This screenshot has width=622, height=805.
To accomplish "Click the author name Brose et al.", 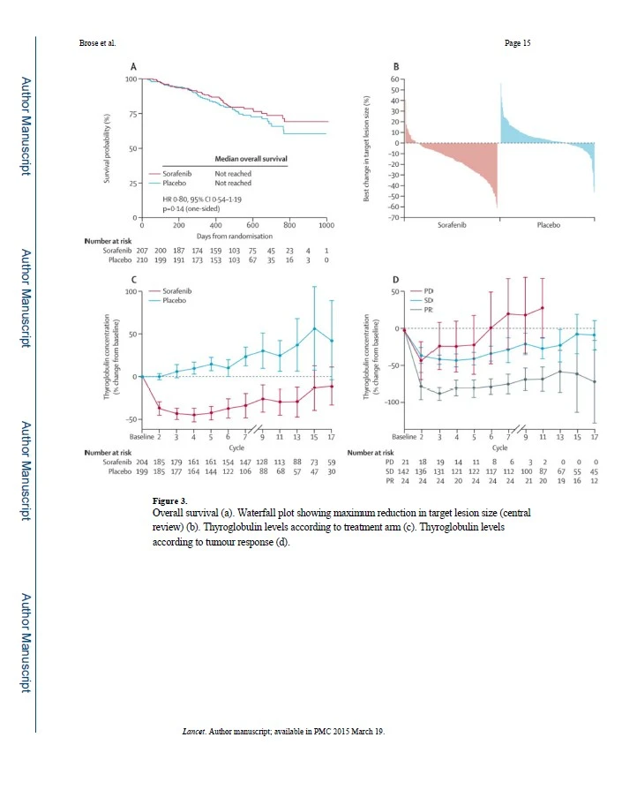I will coord(97,42).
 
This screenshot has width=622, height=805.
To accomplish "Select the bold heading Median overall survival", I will coord(251,159).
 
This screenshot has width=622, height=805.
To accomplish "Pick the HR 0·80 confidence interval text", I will coord(206,199).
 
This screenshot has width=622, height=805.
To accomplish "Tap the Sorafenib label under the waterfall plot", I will coord(453,225).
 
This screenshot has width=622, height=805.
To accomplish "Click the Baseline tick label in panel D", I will coord(403,437).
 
